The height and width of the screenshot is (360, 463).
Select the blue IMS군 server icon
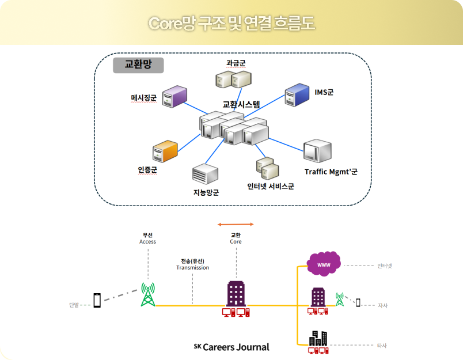coord(297,94)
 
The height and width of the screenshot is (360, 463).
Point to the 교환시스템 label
coord(241,105)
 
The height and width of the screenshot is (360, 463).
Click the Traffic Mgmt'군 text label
coord(331,172)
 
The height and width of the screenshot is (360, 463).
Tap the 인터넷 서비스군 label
coord(271,186)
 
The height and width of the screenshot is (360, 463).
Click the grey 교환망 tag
coord(138,65)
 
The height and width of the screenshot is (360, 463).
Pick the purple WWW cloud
coord(324,265)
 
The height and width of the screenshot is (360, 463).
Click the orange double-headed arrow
coord(236,224)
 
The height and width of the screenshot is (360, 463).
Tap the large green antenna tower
coord(149,294)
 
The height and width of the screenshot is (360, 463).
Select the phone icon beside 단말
coord(97,300)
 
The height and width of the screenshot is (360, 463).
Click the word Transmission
coord(192,268)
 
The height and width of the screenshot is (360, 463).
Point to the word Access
coord(147,242)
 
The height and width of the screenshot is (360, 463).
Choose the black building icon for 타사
coord(318,338)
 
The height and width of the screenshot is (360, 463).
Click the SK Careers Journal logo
coord(231,347)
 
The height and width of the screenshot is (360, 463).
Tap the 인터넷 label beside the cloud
coord(385,266)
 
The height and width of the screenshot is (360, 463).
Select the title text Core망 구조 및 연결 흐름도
coord(231,24)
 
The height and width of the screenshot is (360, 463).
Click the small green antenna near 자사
coord(339,300)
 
